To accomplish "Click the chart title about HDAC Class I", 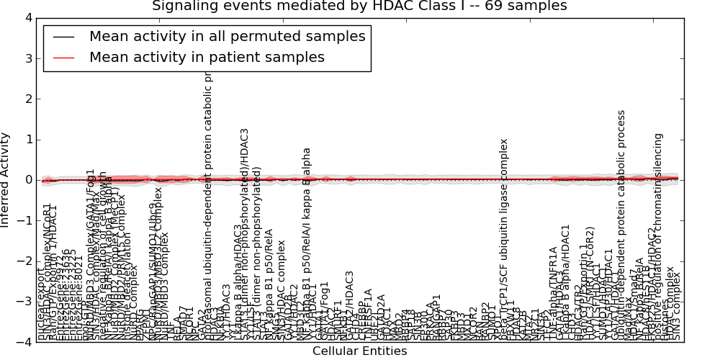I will (x=359, y=6).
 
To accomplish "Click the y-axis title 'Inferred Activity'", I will (x=6, y=180).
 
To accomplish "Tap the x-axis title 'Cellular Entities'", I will (x=359, y=351).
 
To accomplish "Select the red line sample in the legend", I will (x=63, y=58).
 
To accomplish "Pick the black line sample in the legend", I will (x=63, y=37).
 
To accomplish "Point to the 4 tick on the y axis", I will (x=28, y=18).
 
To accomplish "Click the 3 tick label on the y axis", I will (x=28, y=58).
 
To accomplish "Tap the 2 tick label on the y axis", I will (x=28, y=99).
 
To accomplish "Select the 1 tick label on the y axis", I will (x=28, y=140).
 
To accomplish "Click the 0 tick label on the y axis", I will (x=28, y=180).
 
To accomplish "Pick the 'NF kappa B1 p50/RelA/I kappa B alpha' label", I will (x=307, y=245).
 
